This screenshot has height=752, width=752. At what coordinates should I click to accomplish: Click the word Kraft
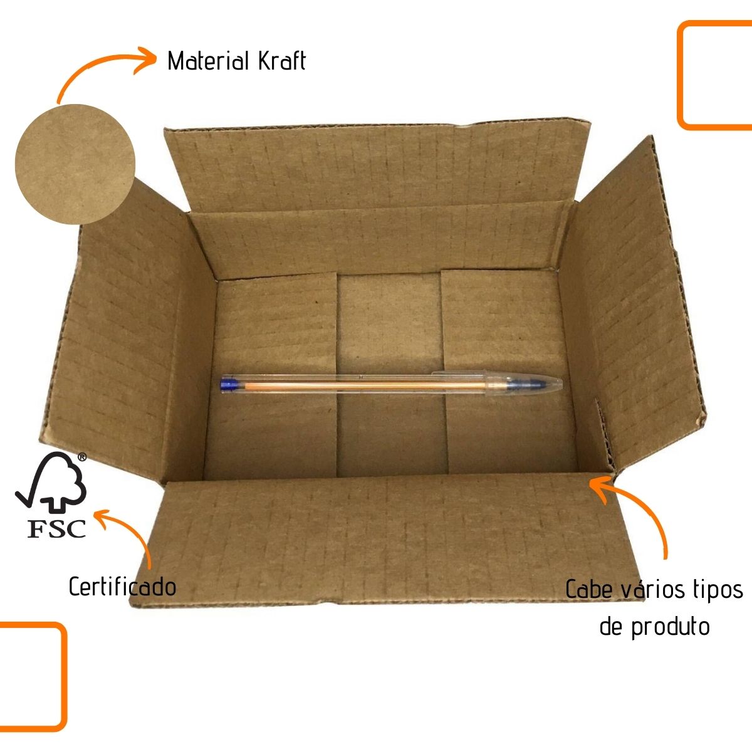point(281,61)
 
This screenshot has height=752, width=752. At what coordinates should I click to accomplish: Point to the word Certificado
point(122,587)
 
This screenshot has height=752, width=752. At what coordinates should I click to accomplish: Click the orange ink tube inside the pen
point(351,384)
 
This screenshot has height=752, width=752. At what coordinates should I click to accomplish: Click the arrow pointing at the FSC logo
point(128,533)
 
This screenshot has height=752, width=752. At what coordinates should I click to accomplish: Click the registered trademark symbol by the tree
point(81,457)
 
